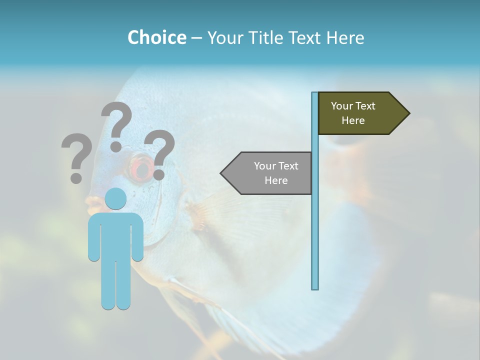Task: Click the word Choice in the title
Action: pyautogui.click(x=156, y=37)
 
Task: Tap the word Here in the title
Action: pyautogui.click(x=345, y=37)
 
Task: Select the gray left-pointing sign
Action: pyautogui.click(x=270, y=173)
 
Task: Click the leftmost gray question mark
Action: pyautogui.click(x=76, y=155)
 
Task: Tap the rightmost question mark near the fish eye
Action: pyautogui.click(x=159, y=152)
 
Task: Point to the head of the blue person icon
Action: pyautogui.click(x=115, y=198)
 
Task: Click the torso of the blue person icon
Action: pyautogui.click(x=115, y=235)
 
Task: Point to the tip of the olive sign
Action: pyautogui.click(x=408, y=113)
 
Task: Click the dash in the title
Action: pyautogui.click(x=196, y=38)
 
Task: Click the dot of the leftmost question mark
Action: pyautogui.click(x=76, y=177)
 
